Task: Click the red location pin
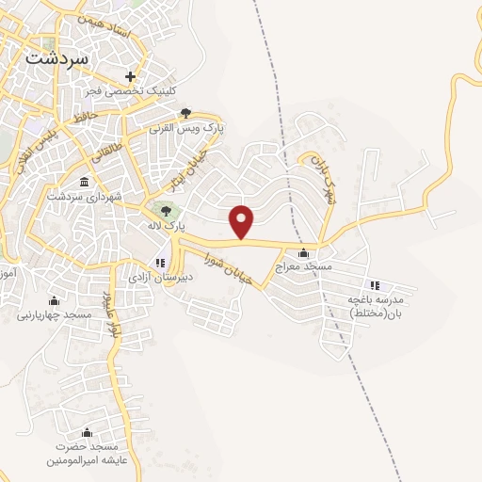(x=243, y=220)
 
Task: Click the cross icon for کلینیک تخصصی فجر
(x=130, y=76)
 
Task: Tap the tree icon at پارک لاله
(x=166, y=211)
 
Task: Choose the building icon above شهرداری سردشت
(x=85, y=181)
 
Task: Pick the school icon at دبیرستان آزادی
(x=160, y=263)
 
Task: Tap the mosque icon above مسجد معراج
(x=303, y=252)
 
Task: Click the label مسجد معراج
(x=304, y=267)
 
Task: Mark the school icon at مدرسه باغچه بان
(x=374, y=285)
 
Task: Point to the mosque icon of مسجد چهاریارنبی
(x=53, y=300)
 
